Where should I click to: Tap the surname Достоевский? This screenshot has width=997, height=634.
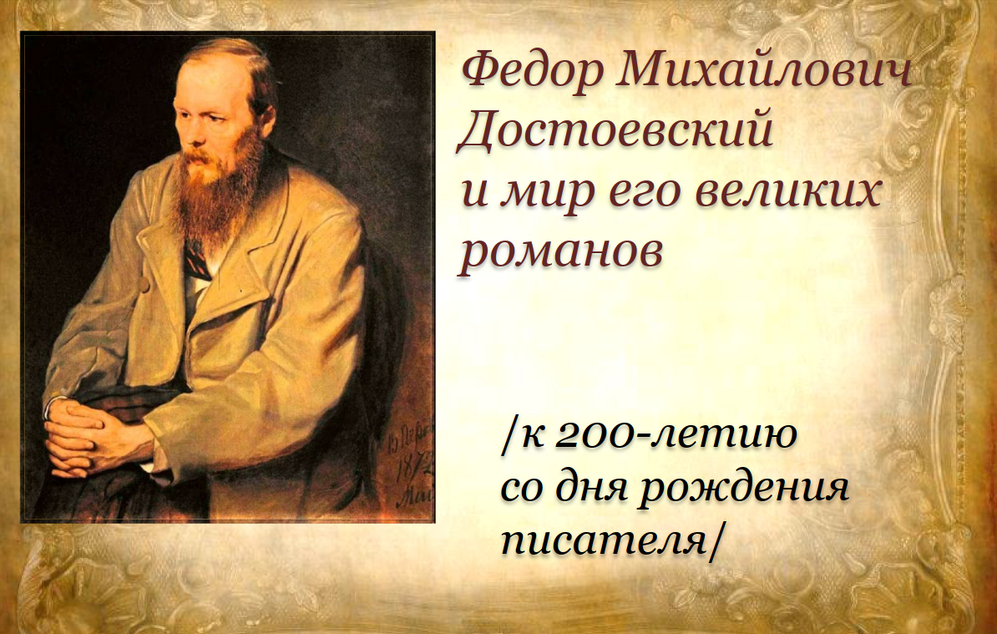tap(615, 130)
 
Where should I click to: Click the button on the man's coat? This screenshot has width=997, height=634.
tap(145, 284)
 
